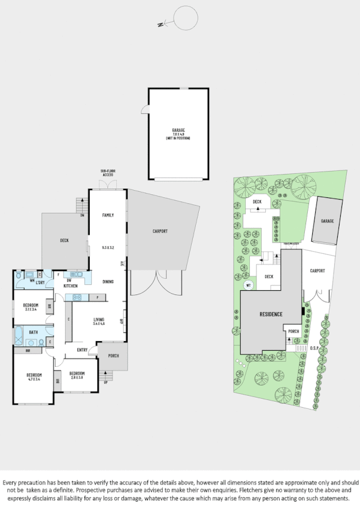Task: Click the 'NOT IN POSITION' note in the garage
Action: [x=179, y=138]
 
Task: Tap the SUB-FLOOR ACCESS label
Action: [x=108, y=174]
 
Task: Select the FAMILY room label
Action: [x=108, y=215]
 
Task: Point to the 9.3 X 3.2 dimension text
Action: [x=108, y=247]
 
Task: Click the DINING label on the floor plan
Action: [x=108, y=281]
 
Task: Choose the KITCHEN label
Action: [x=71, y=285]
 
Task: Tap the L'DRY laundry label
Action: [x=41, y=282]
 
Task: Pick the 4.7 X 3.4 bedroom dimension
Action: [x=33, y=380]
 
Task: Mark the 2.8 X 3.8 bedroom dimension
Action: [x=77, y=377]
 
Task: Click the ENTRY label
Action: [x=83, y=350]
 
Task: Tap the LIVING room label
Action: [x=99, y=319]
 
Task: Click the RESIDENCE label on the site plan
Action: [x=271, y=314]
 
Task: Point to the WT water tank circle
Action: [x=248, y=285]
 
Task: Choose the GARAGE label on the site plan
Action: [x=327, y=221]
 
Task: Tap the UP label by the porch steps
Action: [x=106, y=382]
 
